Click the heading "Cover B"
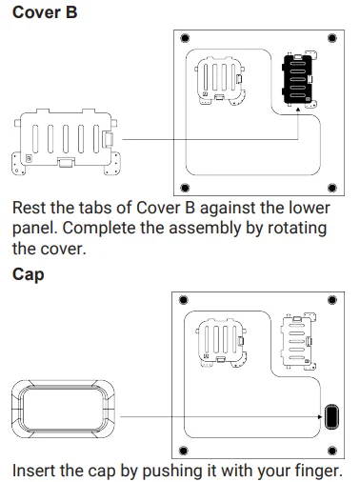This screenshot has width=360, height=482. (x=45, y=12)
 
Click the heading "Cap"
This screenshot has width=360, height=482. (x=28, y=274)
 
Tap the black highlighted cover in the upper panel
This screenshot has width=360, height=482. (x=297, y=79)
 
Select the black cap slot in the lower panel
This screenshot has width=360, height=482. (x=331, y=416)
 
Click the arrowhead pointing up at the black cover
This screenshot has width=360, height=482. (x=298, y=110)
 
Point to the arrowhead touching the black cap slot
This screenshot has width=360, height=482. (x=320, y=416)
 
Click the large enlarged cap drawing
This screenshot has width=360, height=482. (x=63, y=409)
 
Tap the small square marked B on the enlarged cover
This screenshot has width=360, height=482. (x=29, y=158)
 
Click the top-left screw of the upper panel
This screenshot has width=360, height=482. (x=185, y=38)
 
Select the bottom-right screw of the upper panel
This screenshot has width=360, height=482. (x=332, y=188)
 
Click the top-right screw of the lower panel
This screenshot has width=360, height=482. (x=332, y=300)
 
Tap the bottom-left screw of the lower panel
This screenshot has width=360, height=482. (x=184, y=451)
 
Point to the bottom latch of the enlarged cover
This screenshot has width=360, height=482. (x=66, y=162)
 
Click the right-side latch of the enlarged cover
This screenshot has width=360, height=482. (x=108, y=139)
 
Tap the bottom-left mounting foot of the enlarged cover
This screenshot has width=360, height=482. (x=18, y=164)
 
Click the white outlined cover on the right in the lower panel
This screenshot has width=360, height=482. (x=297, y=342)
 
